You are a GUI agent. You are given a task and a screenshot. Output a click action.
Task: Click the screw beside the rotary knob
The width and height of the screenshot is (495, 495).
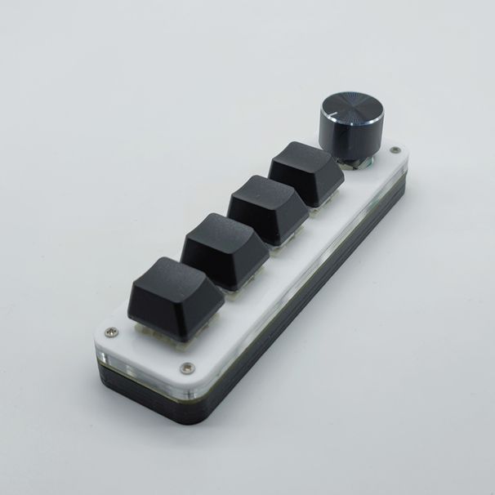(396, 150)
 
